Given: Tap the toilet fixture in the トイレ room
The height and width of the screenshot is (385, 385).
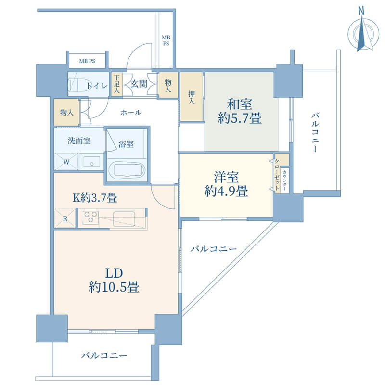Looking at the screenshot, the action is tap(78, 85).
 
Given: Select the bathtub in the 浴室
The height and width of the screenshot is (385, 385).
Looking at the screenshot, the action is tap(127, 170).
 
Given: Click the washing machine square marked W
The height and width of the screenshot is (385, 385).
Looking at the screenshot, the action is tap(66, 162).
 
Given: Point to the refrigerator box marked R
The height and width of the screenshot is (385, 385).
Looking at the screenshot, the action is tap(65, 218).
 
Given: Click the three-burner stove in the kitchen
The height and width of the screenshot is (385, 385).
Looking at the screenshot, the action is tap(90, 218).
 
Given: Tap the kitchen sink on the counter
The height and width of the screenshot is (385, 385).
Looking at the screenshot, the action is tap(124, 218).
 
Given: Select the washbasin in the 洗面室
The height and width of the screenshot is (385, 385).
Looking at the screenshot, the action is tap(92, 162).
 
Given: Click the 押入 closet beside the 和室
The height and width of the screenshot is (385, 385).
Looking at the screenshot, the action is tap(192, 97).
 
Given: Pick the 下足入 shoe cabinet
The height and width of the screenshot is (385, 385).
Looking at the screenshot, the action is tap(116, 84).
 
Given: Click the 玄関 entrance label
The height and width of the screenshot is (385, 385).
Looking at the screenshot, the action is tap(139, 84).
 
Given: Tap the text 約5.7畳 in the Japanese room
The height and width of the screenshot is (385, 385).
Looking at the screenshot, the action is tap(240, 118).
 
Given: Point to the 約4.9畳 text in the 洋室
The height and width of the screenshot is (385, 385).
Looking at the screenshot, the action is tap(226, 191).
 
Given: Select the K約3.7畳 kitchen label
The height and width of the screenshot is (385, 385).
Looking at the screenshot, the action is tap(95, 197).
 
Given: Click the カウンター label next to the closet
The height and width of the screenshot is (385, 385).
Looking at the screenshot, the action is tap(284, 181).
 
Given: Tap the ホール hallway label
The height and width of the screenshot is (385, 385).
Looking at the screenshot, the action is tap(130, 113).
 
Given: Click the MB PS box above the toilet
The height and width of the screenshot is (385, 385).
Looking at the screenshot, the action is tap(87, 61).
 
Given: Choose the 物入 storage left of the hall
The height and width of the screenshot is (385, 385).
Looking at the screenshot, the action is tap(66, 112).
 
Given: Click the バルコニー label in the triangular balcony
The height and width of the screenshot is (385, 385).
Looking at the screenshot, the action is tap(214, 249).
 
